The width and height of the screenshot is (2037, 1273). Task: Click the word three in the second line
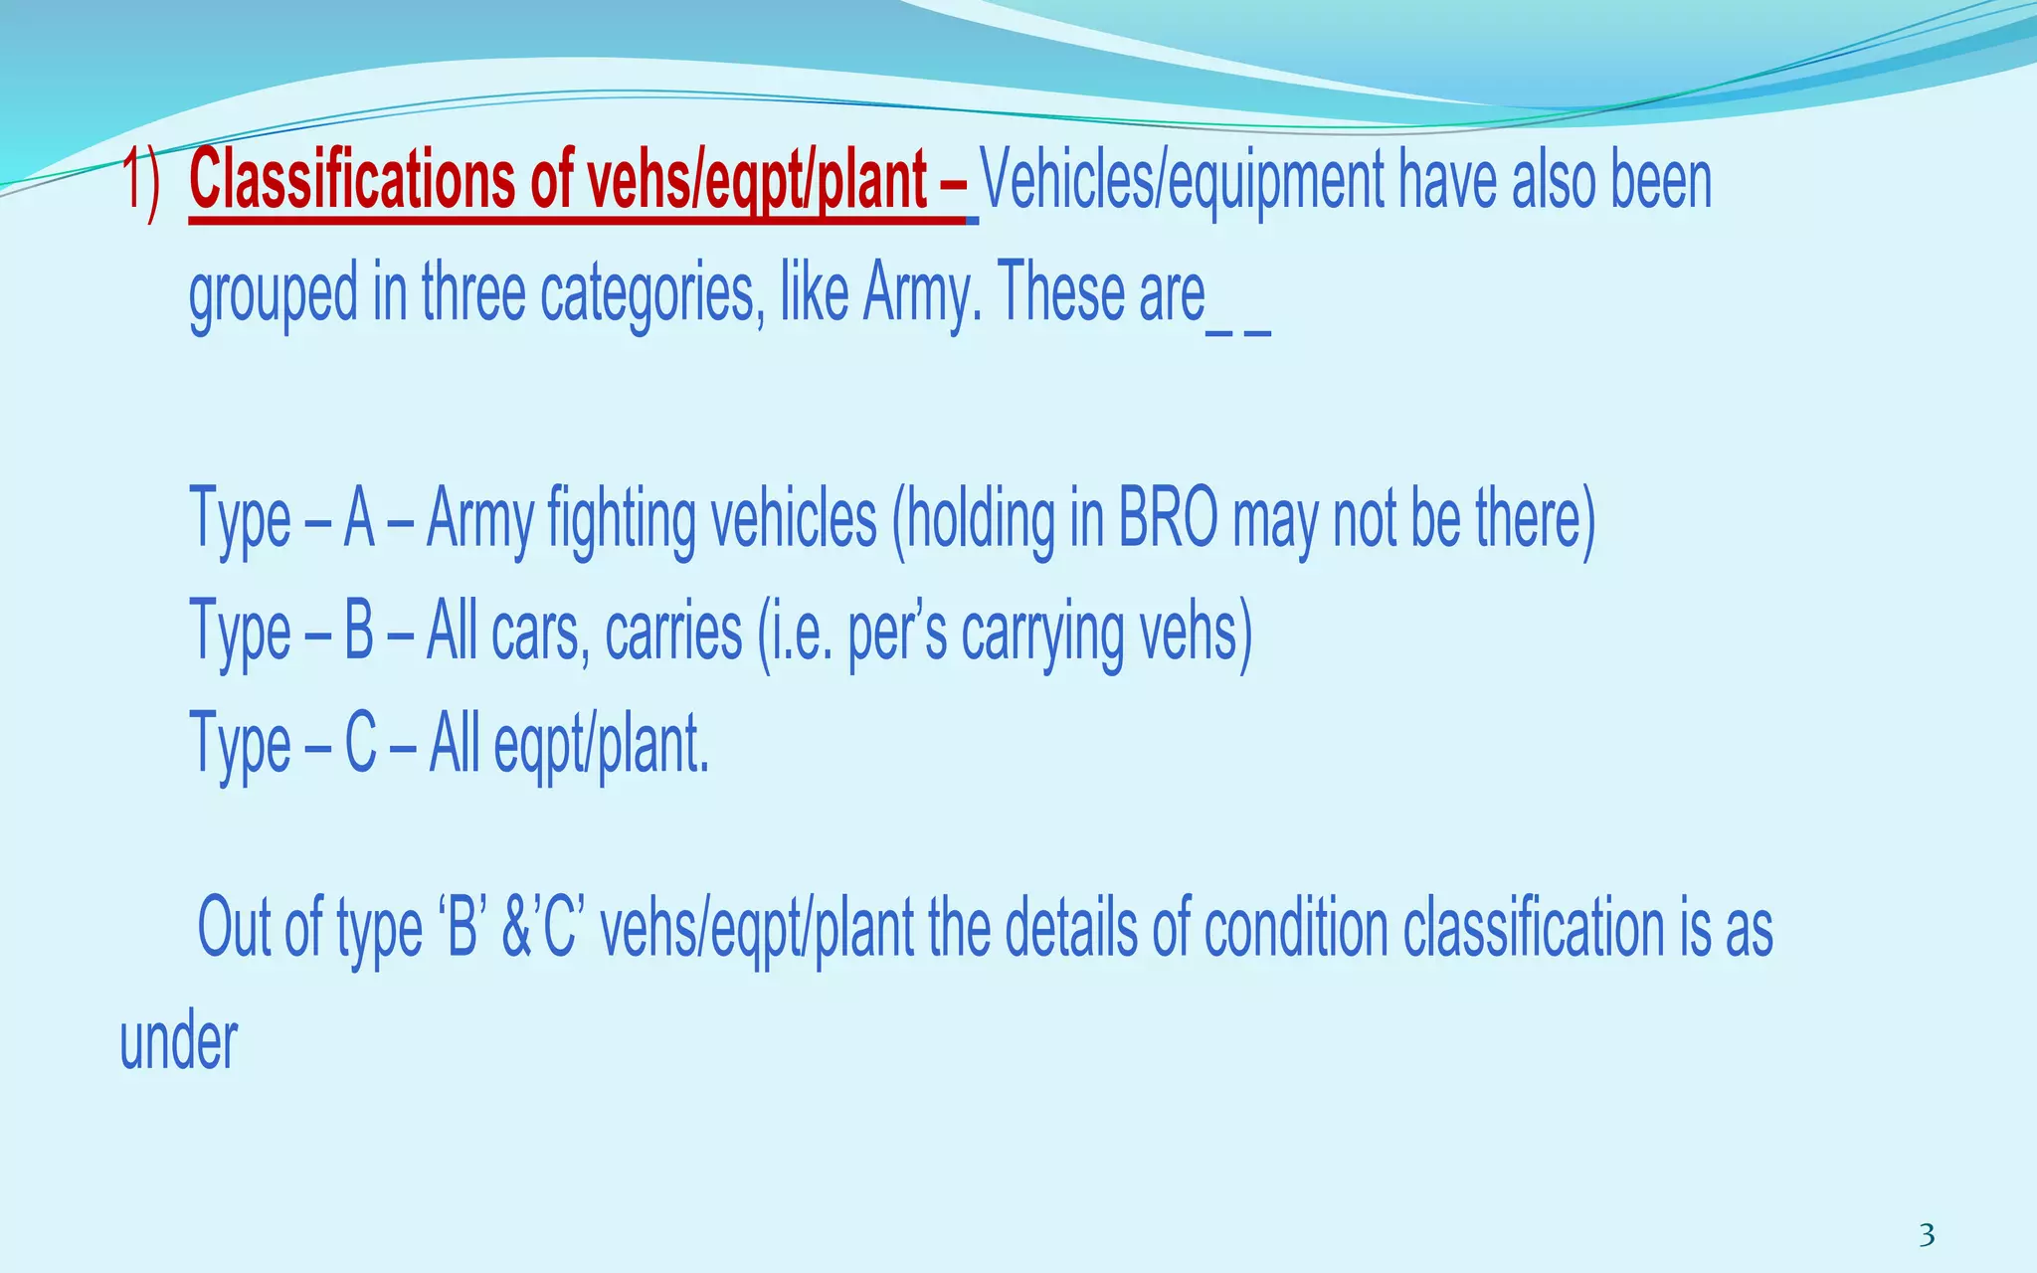coord(473,293)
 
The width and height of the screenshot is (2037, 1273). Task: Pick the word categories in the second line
coord(652,293)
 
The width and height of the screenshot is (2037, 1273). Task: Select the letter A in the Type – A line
coord(359,520)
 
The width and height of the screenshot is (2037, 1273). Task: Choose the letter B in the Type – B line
coord(359,633)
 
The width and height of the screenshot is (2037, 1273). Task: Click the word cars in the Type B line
coord(536,633)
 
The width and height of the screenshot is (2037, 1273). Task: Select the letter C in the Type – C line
coord(360,745)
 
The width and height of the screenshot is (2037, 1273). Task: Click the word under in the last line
coord(179,1042)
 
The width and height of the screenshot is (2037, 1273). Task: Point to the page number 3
coord(1927,1235)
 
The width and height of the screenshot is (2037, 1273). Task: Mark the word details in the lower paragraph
coord(1071,929)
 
